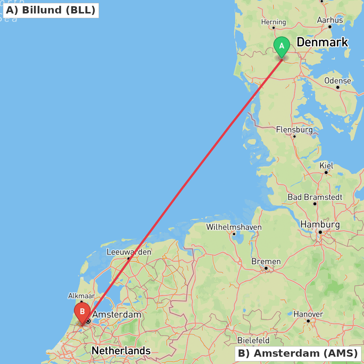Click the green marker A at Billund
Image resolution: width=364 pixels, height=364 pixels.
tap(281, 46)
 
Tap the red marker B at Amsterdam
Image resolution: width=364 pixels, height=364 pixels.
tap(82, 312)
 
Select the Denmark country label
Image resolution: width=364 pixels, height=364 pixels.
tap(322, 42)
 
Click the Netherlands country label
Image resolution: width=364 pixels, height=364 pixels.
tap(121, 351)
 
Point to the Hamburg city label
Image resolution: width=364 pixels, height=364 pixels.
tap(320, 224)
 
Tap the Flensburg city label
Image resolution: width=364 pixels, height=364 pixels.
tap(294, 130)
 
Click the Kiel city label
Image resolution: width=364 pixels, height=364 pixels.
tap(326, 166)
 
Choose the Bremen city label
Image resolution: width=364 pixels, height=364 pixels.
tap(266, 261)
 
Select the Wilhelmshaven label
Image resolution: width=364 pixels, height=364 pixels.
tap(234, 227)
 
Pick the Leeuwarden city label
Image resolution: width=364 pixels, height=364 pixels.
tap(129, 252)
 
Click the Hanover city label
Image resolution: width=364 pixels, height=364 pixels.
tap(308, 314)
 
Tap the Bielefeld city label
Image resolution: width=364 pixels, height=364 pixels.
tap(253, 340)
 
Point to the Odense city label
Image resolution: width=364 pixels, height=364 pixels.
tap(337, 80)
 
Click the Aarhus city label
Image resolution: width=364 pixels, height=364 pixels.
tap(330, 20)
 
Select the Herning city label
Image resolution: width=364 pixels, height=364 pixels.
tap(273, 22)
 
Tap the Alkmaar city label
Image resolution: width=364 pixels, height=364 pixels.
tap(82, 296)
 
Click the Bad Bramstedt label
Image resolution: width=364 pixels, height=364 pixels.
tap(315, 197)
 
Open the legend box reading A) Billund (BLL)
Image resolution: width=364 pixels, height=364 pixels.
tap(51, 10)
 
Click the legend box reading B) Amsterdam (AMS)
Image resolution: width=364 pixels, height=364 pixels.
tap(298, 353)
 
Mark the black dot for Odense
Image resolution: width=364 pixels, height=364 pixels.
tap(338, 87)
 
